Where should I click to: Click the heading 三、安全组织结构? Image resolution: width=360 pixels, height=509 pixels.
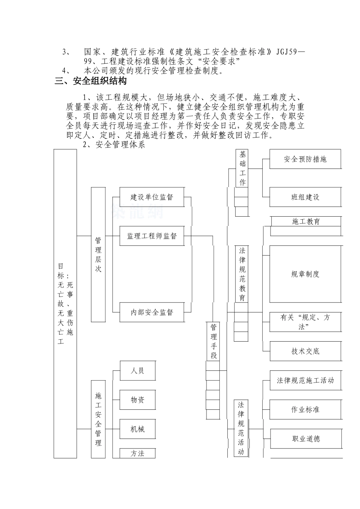[91, 81]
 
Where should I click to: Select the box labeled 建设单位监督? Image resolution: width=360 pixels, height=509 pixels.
[152, 197]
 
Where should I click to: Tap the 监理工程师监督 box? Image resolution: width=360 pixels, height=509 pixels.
[152, 236]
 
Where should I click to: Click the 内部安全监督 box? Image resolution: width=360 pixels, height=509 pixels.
[152, 312]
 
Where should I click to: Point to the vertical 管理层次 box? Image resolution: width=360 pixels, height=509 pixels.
[98, 254]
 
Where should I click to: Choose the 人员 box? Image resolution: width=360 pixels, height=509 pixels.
[137, 370]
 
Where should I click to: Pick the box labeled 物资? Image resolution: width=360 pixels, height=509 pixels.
[137, 400]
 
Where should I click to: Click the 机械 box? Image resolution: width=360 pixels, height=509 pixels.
[137, 429]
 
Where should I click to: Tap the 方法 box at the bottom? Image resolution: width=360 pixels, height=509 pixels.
[137, 453]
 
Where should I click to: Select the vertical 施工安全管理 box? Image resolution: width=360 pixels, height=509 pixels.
[98, 419]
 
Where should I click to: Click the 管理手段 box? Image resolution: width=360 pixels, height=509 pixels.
[214, 341]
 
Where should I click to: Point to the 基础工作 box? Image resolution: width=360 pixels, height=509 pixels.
[243, 168]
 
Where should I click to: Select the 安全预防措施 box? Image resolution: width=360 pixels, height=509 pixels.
[305, 159]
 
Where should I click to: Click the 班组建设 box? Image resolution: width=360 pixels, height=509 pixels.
[305, 197]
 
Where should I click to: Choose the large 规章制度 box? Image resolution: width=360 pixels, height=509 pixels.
[305, 274]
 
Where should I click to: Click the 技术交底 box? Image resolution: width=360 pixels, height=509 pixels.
[305, 351]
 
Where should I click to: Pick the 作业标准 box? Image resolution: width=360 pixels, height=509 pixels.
[305, 410]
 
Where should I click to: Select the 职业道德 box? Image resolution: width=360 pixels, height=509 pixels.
[305, 439]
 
